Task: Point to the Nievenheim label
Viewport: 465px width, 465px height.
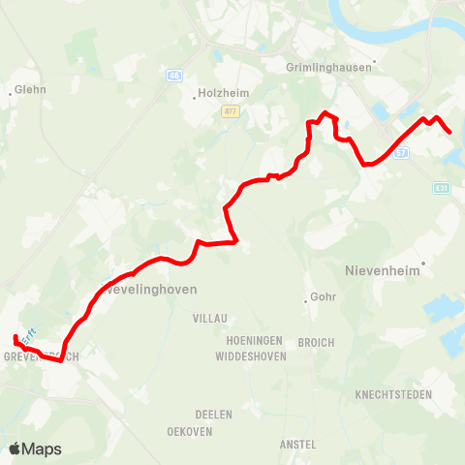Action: click(x=383, y=271)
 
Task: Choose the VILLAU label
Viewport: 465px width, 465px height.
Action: click(x=210, y=318)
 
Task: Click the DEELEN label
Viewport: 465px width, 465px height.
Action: click(x=214, y=414)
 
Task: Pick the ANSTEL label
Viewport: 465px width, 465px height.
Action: click(x=297, y=444)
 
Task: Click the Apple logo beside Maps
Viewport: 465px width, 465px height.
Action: click(x=15, y=449)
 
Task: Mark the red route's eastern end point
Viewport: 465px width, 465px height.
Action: click(x=449, y=132)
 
